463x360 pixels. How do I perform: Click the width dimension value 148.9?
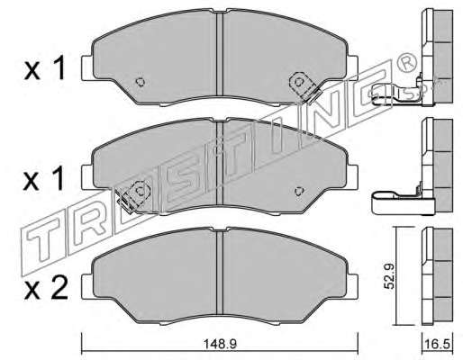(220, 344)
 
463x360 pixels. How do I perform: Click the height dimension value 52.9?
(389, 276)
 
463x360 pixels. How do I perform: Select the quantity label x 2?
(46, 289)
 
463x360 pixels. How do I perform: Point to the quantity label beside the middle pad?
(44, 179)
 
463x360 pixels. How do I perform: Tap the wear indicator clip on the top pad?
(304, 86)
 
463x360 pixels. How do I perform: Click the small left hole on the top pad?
(141, 82)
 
